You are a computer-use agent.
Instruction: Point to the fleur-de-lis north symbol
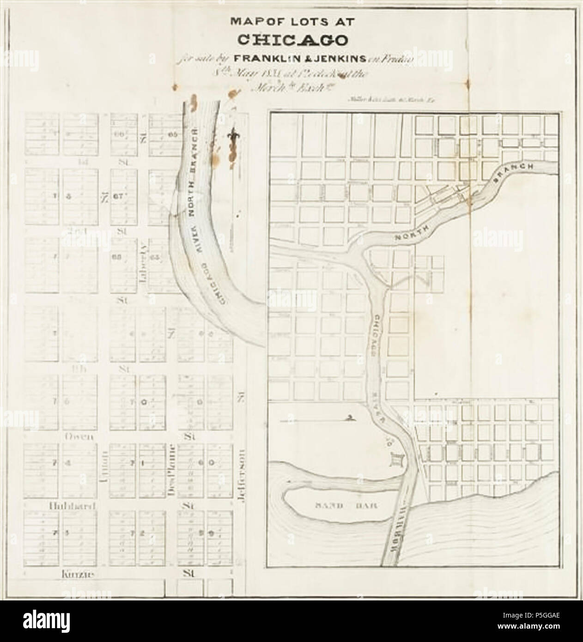[x=232, y=136]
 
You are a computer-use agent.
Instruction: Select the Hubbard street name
[x=72, y=506]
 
